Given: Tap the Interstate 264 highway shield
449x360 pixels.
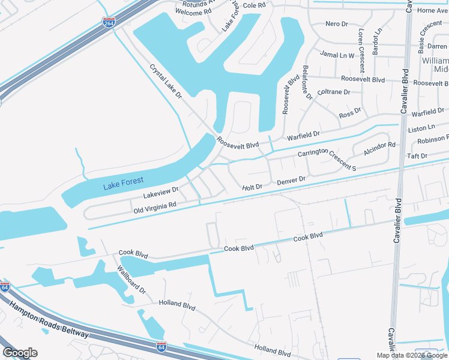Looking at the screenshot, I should (109, 23).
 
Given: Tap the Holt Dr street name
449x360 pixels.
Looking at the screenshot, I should (252, 187).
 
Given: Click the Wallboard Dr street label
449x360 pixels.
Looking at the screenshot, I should (131, 280).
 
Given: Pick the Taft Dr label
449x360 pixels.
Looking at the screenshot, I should (417, 156).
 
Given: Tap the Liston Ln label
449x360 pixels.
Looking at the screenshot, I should (421, 128).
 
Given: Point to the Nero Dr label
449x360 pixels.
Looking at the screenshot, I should (336, 23).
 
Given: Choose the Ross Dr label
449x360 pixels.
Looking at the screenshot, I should (349, 112).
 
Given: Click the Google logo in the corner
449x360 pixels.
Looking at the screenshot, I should (20, 353).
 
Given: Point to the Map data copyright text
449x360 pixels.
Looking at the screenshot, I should (412, 355).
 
